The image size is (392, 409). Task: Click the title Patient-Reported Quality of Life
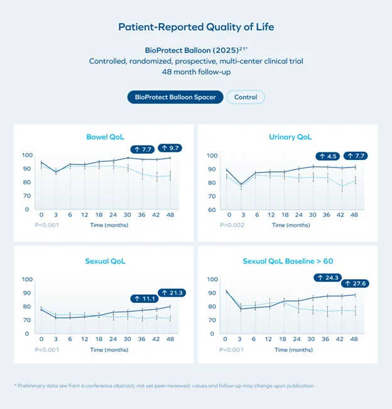click(x=196, y=27)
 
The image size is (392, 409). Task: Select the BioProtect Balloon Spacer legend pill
click(x=175, y=97)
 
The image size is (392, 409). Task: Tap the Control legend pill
click(x=246, y=97)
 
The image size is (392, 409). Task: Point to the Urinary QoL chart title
click(x=290, y=137)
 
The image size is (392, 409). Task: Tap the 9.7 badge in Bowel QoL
click(x=170, y=149)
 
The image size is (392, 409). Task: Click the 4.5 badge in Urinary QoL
click(x=329, y=156)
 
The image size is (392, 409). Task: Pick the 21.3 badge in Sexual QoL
click(x=171, y=292)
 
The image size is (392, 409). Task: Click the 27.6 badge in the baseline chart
click(x=355, y=284)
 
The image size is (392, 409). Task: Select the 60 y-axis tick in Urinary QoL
click(x=212, y=210)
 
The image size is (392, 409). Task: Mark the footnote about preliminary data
click(x=164, y=385)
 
